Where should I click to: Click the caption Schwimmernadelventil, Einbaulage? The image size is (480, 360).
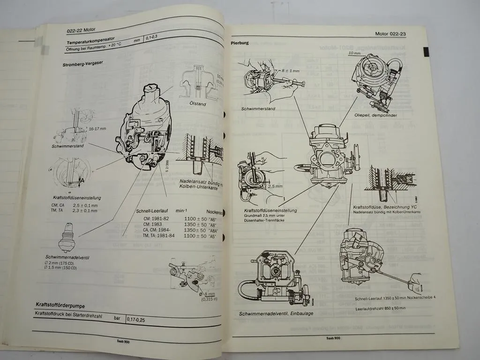(276, 313)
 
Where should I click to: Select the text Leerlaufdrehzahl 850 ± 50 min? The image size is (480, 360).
(380, 307)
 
